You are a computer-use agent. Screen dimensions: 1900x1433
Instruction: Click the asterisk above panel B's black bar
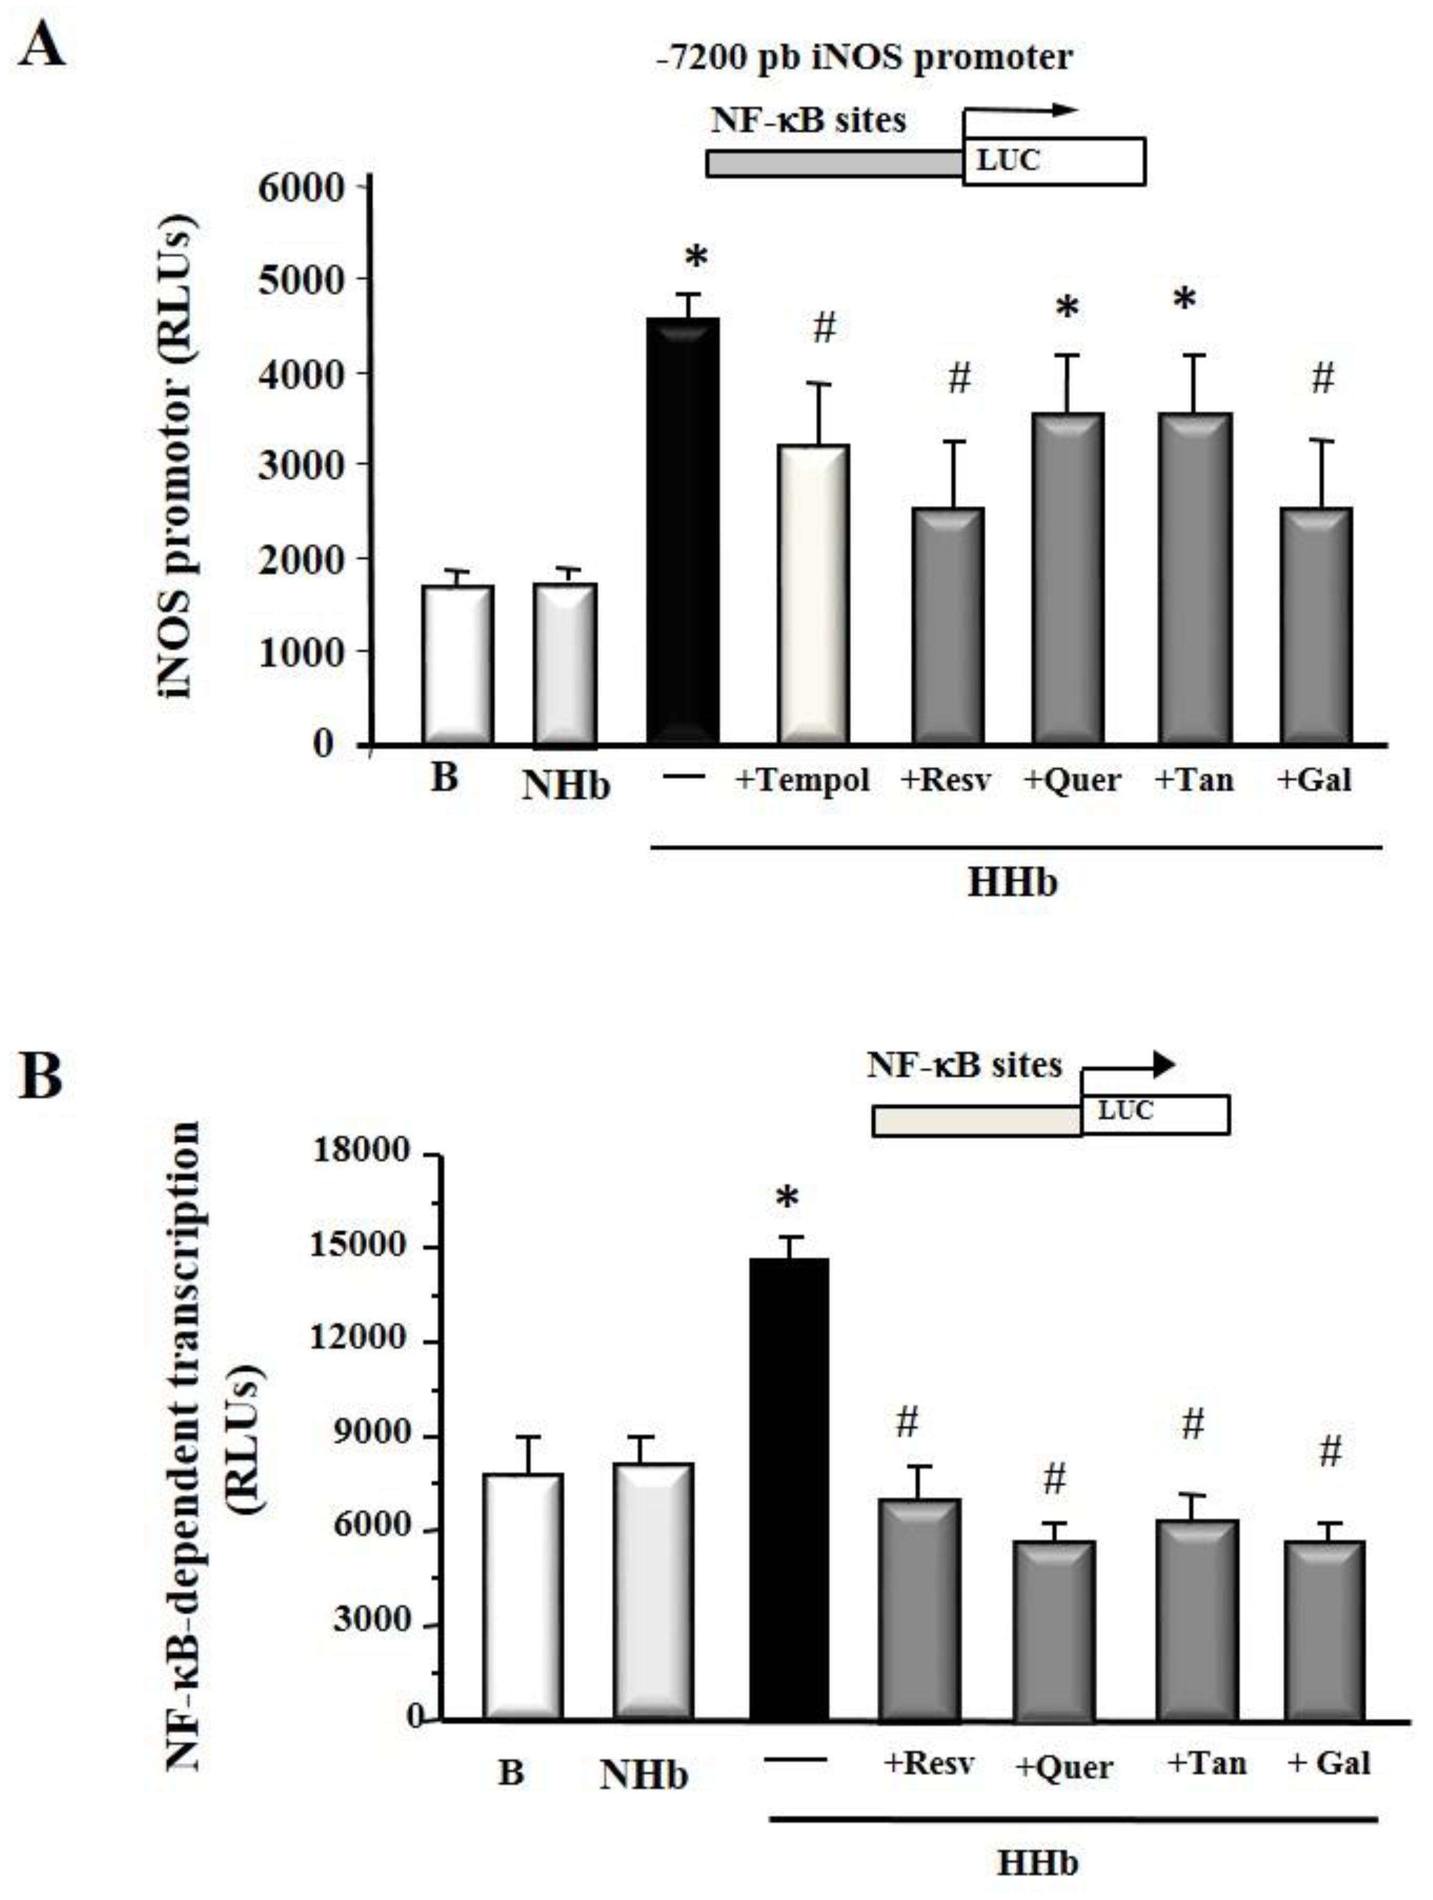click(787, 1200)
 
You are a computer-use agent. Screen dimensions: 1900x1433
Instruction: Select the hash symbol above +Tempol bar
click(824, 327)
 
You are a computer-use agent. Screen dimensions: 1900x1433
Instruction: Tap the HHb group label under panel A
click(1012, 883)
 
